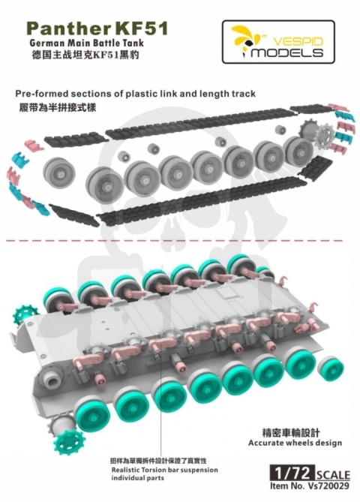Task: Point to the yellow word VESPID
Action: tap(298, 41)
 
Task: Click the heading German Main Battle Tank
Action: tap(86, 43)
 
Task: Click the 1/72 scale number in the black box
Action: tap(292, 473)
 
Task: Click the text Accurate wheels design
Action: tap(295, 443)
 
